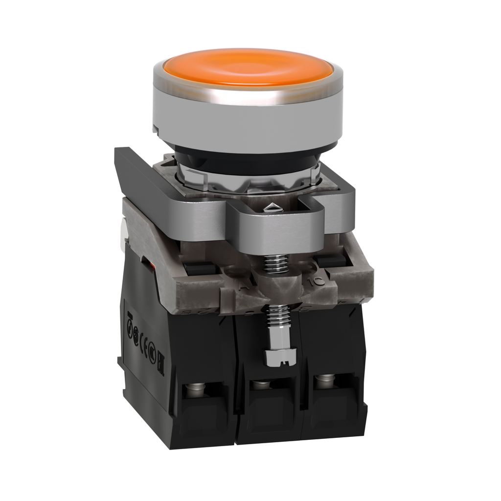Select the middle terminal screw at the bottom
[261, 385]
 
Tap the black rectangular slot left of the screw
[201, 269]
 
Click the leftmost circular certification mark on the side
[130, 330]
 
